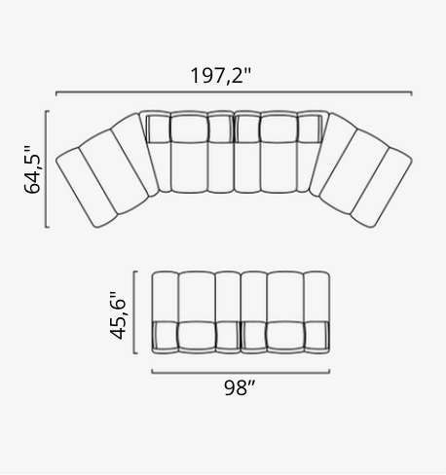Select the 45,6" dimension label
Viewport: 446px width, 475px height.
(119, 314)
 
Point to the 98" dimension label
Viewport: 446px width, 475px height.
(239, 388)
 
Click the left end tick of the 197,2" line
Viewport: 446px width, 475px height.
(56, 94)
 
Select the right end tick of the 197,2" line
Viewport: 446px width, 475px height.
(411, 94)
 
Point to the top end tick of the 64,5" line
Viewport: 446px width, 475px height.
(47, 112)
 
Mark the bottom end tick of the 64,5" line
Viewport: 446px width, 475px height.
(47, 227)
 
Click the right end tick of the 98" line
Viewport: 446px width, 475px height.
(329, 371)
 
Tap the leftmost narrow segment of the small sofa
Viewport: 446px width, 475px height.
(164, 313)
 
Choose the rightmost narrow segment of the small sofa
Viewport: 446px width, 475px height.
(317, 313)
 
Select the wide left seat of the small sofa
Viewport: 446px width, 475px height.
(195, 313)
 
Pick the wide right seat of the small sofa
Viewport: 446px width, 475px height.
(284, 313)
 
